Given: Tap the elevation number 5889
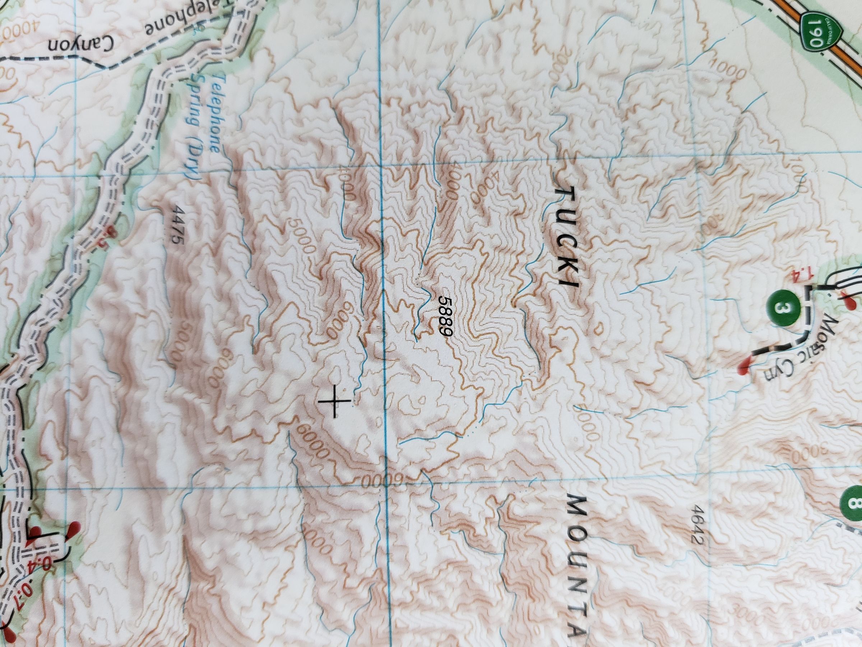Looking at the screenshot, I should click(x=445, y=316).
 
